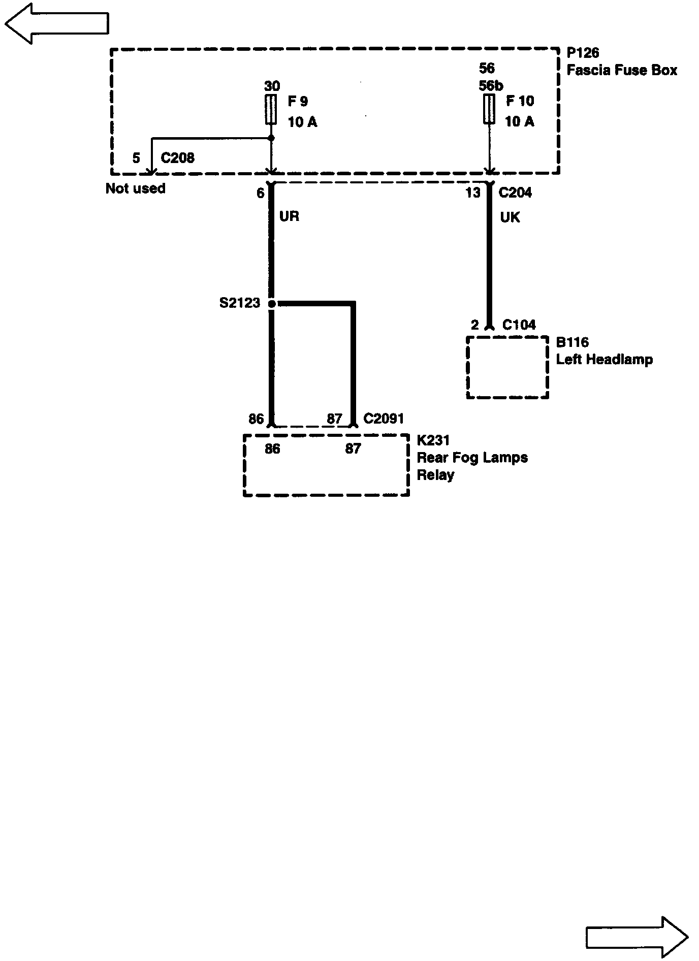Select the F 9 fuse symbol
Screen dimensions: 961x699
[271, 110]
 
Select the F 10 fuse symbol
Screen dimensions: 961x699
[489, 109]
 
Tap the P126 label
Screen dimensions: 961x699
[583, 53]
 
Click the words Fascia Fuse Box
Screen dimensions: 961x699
[622, 70]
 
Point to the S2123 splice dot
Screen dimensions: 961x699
[272, 304]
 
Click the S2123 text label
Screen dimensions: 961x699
[239, 303]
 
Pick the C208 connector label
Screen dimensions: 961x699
[177, 158]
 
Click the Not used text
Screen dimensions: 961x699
[135, 188]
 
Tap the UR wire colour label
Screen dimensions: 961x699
[289, 216]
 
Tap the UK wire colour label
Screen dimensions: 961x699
[510, 217]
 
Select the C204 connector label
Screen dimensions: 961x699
[515, 193]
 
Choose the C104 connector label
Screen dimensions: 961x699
[519, 325]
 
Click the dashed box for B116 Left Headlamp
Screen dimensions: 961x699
[507, 368]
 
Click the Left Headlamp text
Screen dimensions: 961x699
[604, 360]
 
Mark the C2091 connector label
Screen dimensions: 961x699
[384, 419]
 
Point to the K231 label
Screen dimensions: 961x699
[433, 440]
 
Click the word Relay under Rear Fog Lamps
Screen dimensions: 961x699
[435, 475]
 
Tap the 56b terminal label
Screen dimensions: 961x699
[491, 85]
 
